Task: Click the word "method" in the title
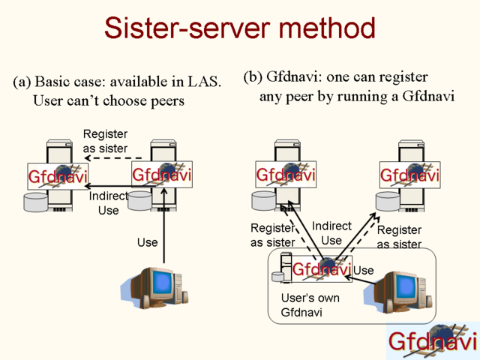327,28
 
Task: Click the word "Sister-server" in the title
187,28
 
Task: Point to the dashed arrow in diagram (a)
113,158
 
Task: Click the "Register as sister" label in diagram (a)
105,141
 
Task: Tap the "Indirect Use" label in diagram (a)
108,203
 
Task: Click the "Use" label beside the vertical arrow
148,242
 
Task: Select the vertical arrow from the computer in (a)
164,226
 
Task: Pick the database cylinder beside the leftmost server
36,202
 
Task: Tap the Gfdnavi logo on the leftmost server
58,176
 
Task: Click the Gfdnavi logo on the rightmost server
410,175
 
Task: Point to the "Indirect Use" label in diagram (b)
331,233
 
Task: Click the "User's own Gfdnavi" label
310,305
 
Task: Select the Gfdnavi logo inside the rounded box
322,269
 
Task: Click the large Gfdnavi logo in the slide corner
433,340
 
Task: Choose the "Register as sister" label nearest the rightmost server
399,237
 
